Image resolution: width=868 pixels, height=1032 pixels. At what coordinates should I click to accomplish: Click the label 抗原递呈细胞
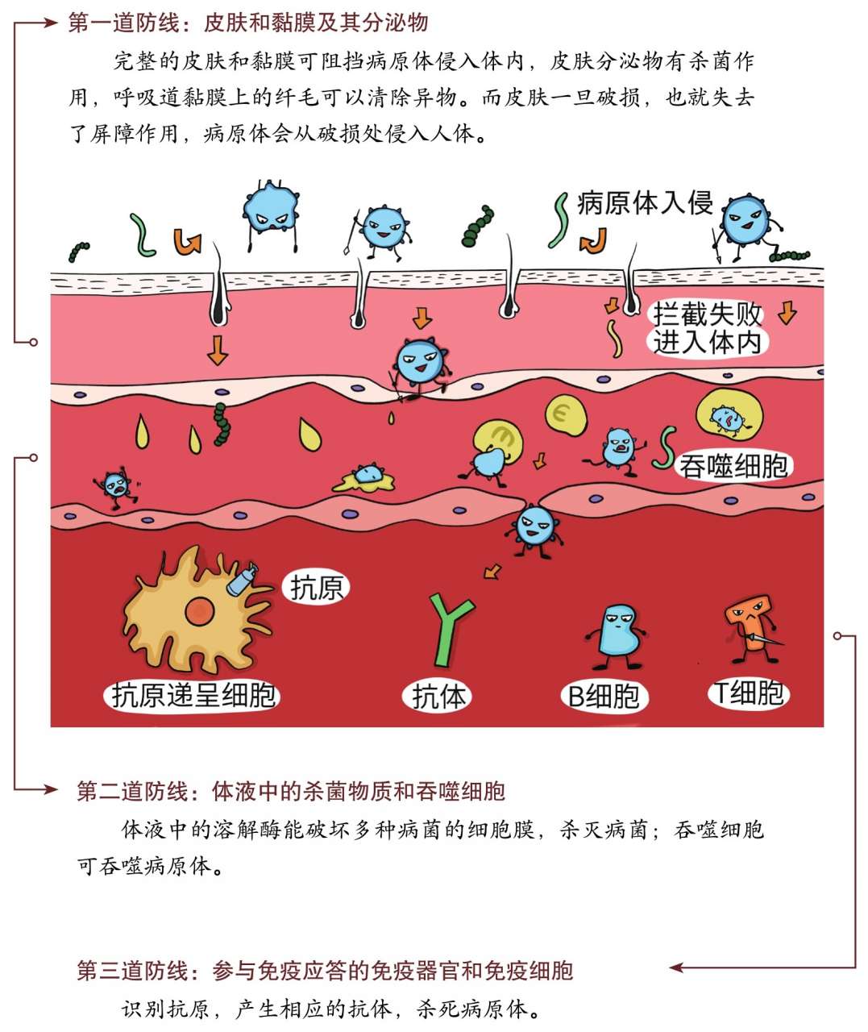[193, 697]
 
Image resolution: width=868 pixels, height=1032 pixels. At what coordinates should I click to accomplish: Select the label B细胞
[604, 697]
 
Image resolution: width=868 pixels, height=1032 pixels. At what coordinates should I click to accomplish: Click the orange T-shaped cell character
[750, 629]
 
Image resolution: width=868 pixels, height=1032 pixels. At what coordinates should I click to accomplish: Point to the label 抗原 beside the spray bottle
[316, 589]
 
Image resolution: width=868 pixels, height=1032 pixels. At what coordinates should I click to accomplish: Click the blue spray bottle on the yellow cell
[242, 578]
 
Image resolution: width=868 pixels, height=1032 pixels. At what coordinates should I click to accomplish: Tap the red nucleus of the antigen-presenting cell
[199, 611]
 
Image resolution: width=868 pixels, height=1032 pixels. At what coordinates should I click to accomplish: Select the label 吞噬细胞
[733, 465]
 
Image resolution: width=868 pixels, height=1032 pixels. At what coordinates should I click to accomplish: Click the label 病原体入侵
[645, 202]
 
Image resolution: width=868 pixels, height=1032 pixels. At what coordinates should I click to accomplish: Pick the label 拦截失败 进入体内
[707, 328]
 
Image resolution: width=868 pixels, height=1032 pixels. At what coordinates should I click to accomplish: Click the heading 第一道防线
[124, 23]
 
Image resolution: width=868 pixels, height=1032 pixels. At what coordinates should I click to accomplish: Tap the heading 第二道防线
[132, 791]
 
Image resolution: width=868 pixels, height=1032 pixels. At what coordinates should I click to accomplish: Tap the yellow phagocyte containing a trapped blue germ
[729, 414]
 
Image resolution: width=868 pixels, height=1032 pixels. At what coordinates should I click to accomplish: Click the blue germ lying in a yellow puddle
[366, 477]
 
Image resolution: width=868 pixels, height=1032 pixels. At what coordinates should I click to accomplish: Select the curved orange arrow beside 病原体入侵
[593, 241]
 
